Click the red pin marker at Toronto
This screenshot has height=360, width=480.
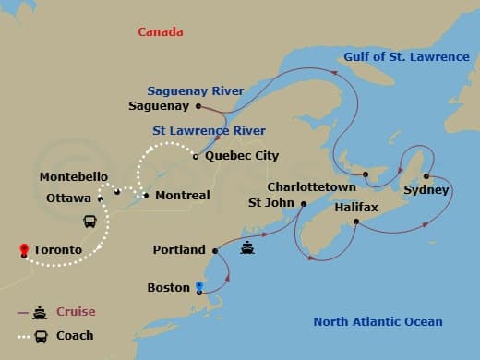(22, 248)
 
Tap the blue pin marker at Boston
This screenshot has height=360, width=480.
(199, 285)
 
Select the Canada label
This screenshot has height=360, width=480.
(160, 32)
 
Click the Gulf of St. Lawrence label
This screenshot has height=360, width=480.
(406, 57)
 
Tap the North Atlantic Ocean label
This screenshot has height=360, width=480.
(378, 322)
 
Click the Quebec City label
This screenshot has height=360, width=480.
(243, 156)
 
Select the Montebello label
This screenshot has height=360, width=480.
(75, 176)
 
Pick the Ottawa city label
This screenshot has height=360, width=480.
(68, 198)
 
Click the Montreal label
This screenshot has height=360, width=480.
(183, 196)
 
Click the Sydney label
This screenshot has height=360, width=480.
(426, 191)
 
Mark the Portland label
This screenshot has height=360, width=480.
(180, 250)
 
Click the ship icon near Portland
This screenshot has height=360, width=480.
(247, 247)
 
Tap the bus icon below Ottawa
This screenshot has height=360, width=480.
(91, 222)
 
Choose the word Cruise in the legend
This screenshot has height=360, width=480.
(76, 312)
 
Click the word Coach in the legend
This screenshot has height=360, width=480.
(75, 336)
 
